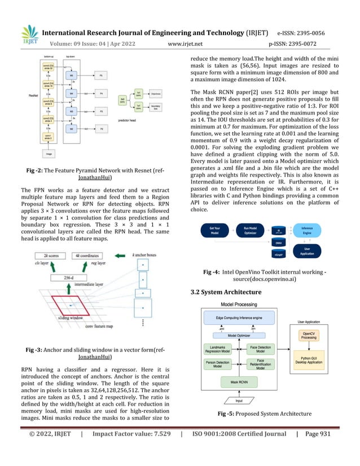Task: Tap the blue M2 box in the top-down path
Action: pos(72,129)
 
